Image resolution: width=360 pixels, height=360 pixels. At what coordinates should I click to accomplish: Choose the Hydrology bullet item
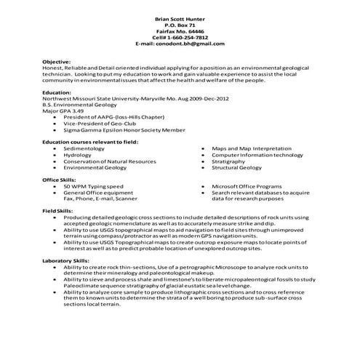tap(78, 155)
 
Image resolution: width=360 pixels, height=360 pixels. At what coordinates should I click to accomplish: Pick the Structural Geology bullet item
tap(236, 168)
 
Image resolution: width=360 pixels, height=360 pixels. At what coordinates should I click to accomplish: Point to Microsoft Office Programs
tap(251, 186)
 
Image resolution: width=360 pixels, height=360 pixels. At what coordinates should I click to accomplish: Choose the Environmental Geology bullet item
tap(94, 168)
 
